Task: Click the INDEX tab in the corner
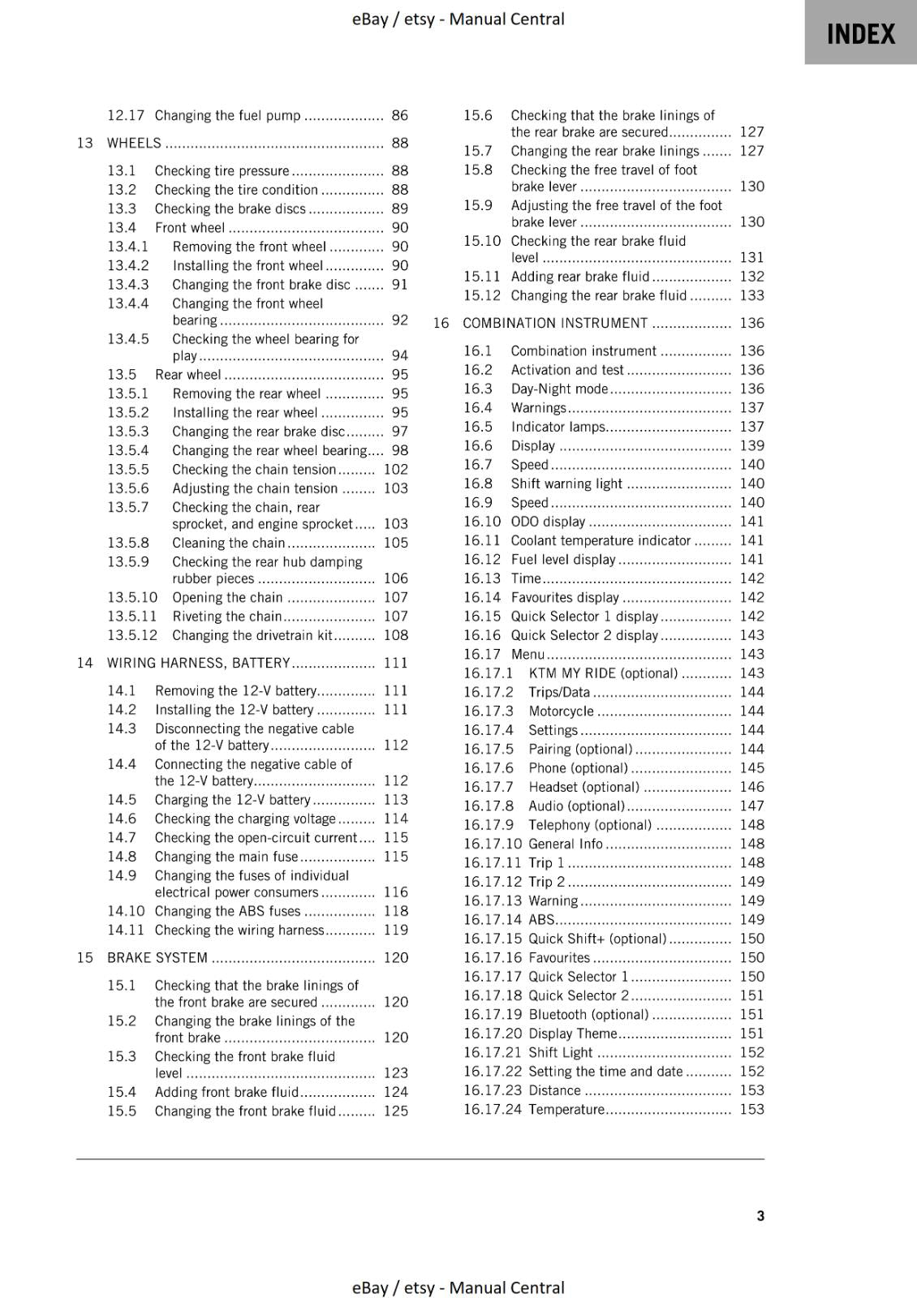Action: point(860,33)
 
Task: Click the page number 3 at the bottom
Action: point(760,1215)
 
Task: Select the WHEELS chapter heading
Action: point(134,143)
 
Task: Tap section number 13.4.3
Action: point(128,285)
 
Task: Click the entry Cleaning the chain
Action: point(228,543)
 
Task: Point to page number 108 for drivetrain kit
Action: point(396,635)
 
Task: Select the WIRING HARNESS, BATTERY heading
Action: point(198,663)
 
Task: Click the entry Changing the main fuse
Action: point(226,857)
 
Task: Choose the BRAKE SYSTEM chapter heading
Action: point(157,957)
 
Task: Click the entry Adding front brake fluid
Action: point(226,1092)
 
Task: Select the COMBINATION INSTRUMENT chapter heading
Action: point(555,323)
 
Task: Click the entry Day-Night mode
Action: point(559,389)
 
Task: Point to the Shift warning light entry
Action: point(566,484)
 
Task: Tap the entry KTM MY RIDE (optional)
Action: point(603,673)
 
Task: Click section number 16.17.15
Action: point(493,939)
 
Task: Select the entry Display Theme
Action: point(573,1034)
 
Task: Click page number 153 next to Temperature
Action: point(751,1109)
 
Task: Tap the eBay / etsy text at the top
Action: point(458,19)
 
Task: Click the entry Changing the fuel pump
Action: point(227,115)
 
